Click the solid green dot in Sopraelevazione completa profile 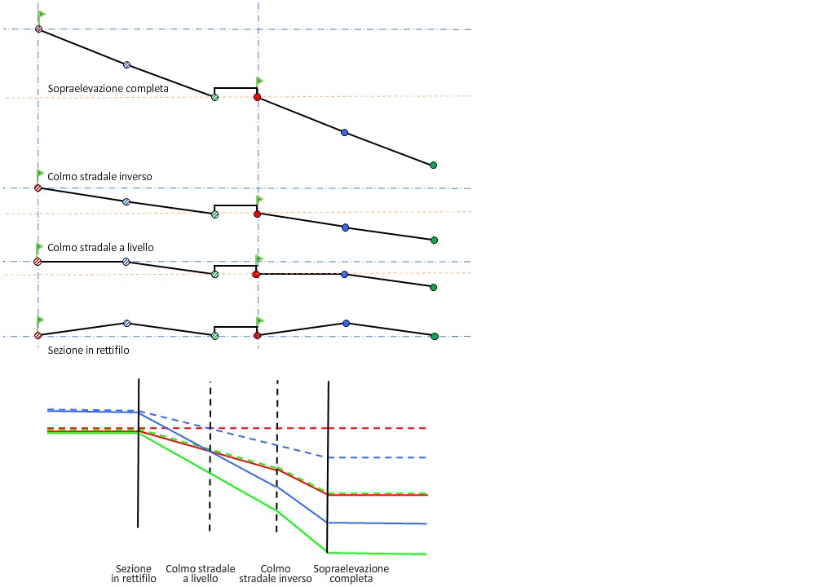[433, 166]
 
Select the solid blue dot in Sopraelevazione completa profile [344, 132]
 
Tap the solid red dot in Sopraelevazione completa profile [257, 97]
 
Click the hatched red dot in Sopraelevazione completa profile [38, 29]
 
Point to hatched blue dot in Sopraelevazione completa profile [126, 64]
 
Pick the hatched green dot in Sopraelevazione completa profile [214, 98]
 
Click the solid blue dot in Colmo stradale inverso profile [345, 227]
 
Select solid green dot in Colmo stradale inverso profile [434, 240]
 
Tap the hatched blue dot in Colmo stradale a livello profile [126, 262]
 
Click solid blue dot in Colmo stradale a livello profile [345, 275]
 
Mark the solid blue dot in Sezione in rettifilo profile [346, 324]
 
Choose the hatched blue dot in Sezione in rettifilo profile [126, 324]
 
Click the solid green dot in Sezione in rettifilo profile [434, 336]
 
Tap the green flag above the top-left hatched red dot [42, 15]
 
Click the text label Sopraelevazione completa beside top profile [108, 89]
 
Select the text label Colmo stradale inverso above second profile [99, 177]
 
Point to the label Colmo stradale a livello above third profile [100, 248]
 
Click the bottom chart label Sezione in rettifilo [134, 573]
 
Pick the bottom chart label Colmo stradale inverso [276, 573]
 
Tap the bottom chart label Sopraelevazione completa [351, 573]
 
